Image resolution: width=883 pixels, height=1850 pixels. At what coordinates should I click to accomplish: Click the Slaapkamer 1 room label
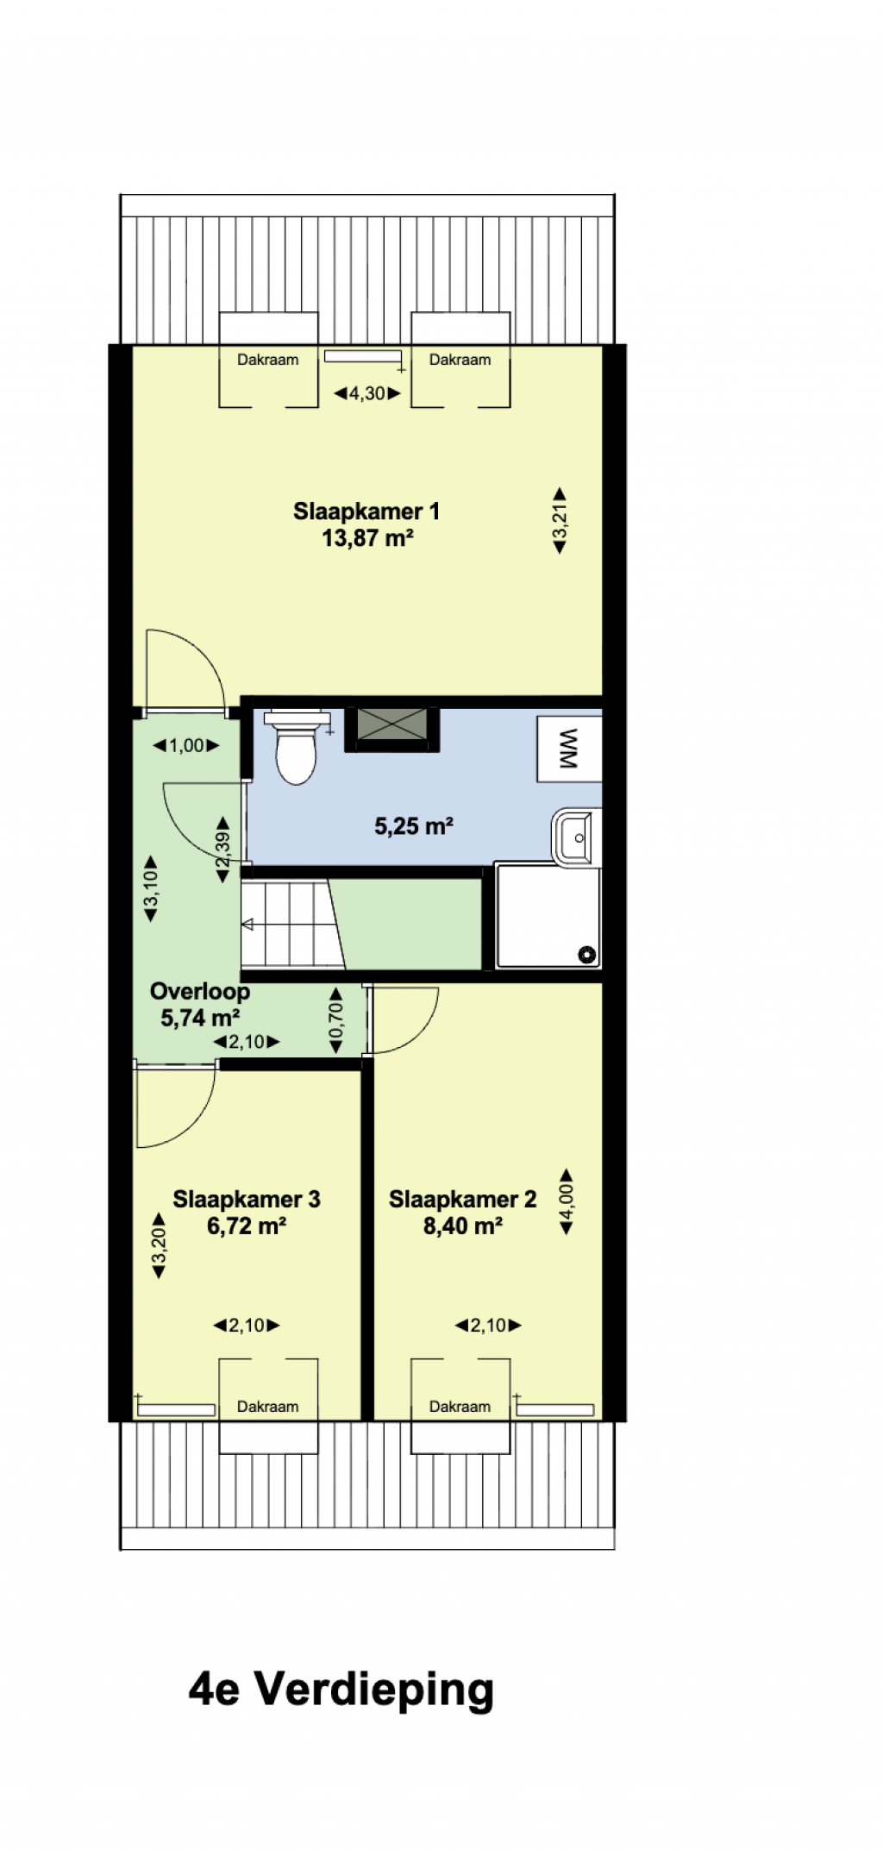coord(366,511)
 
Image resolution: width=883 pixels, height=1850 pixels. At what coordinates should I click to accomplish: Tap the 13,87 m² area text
coord(367,538)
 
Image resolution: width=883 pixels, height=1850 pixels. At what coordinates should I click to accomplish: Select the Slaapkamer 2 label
coord(462,1199)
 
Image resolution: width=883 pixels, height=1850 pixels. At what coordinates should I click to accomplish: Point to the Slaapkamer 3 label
coord(247,1199)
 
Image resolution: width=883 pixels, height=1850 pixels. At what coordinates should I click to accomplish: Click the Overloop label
coord(200,991)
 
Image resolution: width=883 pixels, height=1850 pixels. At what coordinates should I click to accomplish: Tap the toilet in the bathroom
coord(296,747)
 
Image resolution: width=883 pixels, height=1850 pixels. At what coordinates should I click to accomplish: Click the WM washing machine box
coord(569,749)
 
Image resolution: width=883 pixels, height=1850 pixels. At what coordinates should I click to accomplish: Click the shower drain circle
coord(587,954)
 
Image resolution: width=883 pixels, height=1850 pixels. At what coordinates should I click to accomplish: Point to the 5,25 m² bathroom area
coord(414,826)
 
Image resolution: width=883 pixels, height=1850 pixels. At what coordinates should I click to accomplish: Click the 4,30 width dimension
coord(367,393)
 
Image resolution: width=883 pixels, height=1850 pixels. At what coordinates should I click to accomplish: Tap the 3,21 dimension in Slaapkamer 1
coord(560,520)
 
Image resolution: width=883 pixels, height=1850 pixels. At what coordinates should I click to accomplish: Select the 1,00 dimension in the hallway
coord(186,745)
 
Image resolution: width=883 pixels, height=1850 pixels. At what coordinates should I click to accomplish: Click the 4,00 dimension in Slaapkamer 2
coord(567,1201)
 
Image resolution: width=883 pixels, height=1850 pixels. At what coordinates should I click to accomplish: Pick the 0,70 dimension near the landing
coord(336,1021)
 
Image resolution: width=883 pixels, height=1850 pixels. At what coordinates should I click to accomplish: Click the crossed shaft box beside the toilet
coord(392,729)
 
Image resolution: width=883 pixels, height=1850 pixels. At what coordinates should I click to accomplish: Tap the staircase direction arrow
coord(247,925)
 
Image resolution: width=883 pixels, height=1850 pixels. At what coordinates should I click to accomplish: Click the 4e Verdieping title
coord(341,1690)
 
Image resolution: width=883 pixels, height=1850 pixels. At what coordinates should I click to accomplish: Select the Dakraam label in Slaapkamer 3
coord(268,1407)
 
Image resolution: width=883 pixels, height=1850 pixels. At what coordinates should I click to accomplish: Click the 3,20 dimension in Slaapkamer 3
coord(159,1245)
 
